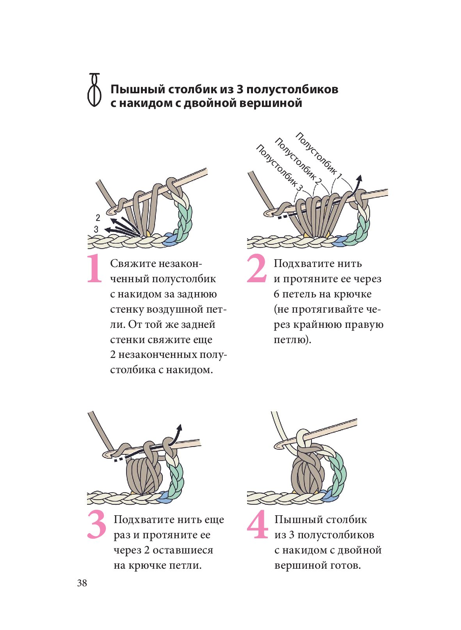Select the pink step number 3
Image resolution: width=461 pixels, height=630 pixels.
click(96, 525)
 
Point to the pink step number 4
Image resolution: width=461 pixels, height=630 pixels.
click(258, 525)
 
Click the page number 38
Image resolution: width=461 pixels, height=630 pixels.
click(82, 583)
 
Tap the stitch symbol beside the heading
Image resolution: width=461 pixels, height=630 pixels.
click(94, 90)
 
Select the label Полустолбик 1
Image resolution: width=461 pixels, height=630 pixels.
click(319, 153)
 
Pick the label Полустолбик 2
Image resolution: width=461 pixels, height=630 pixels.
click(298, 160)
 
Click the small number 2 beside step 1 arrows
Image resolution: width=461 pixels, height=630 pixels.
click(98, 218)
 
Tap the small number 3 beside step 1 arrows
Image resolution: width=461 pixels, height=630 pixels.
click(96, 229)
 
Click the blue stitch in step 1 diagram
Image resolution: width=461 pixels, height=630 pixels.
click(170, 239)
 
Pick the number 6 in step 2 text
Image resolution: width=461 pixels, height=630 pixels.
click(276, 294)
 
